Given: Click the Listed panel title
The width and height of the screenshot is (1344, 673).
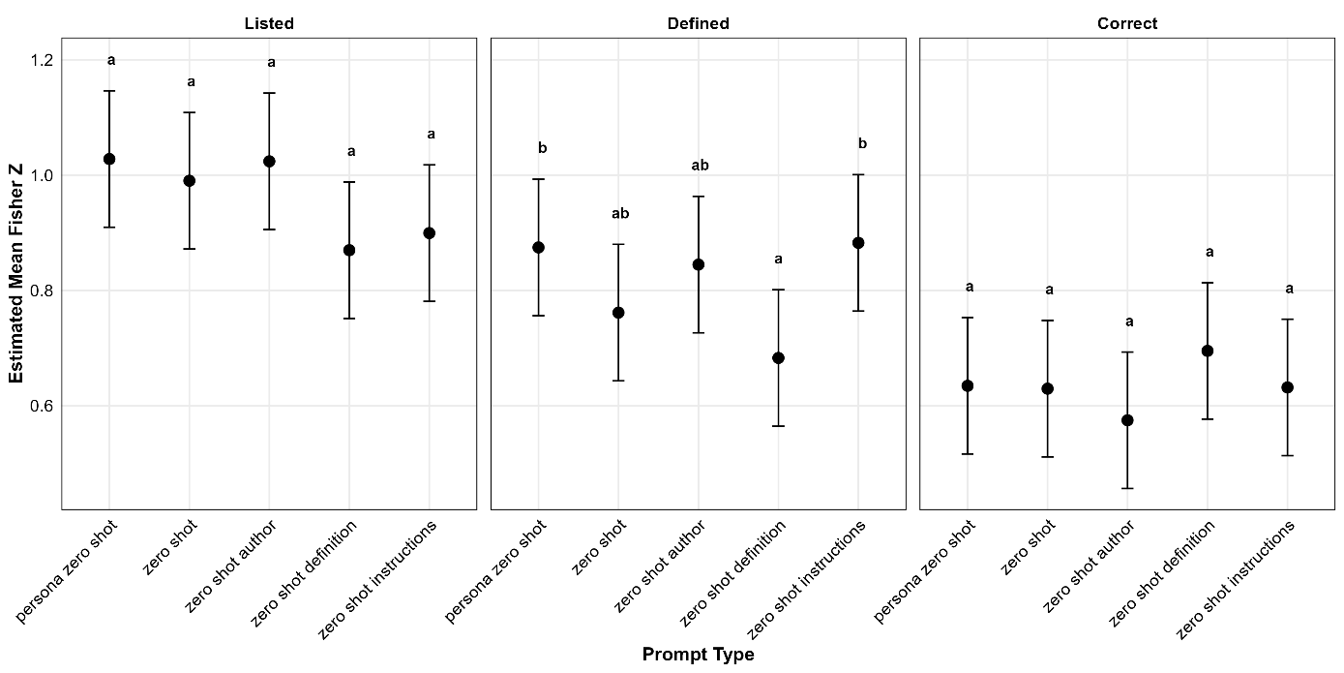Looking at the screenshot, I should tap(269, 23).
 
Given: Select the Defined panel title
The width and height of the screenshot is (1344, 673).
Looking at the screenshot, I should tap(698, 23).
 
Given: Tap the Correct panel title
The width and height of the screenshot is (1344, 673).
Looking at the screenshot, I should tap(1126, 23).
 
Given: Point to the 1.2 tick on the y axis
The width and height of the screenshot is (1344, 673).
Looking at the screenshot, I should tap(42, 60).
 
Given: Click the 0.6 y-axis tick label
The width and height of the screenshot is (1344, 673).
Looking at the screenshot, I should tap(42, 406).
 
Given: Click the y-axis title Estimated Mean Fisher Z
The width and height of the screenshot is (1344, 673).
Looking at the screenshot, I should tap(16, 273).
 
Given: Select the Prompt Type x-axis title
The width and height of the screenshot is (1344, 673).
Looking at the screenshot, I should tap(698, 656).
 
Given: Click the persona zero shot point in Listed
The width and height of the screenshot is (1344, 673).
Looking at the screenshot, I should tap(109, 159).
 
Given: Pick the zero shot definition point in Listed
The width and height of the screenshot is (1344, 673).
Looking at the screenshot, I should tap(349, 250).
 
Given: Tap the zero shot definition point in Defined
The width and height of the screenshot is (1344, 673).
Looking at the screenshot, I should tap(778, 358).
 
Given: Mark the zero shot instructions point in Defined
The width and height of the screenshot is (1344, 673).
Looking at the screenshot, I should tap(858, 243).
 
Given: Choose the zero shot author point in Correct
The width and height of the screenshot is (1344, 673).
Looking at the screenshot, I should tap(1126, 420).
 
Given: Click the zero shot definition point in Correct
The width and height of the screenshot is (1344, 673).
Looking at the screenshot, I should tap(1207, 351).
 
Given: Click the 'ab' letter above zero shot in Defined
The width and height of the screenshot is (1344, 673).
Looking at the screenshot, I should tap(619, 214).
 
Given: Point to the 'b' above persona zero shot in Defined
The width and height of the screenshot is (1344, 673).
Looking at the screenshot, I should tap(542, 148).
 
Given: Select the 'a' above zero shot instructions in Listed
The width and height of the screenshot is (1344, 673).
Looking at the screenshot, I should tap(431, 135).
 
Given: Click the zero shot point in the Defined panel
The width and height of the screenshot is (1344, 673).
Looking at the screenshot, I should tap(618, 313).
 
